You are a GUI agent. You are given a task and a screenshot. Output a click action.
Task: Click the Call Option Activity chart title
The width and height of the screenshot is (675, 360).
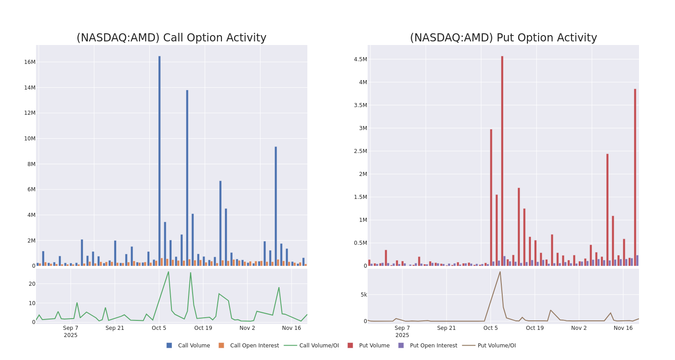tap(171, 38)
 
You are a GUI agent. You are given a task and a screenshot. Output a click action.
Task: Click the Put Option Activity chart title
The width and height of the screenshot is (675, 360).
tap(503, 38)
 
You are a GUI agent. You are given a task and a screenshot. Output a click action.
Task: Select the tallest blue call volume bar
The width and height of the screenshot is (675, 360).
tap(159, 161)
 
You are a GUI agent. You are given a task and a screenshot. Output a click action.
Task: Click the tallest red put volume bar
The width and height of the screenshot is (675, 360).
tap(502, 161)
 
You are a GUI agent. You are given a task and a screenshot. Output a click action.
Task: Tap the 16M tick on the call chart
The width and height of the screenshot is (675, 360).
tap(29, 62)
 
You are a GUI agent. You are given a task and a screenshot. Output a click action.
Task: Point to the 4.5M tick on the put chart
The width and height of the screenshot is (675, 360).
tap(360, 59)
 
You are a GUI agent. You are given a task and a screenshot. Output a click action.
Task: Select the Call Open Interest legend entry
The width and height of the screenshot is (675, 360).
tap(254, 346)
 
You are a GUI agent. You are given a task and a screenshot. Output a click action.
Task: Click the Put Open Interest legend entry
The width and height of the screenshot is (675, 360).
tap(433, 346)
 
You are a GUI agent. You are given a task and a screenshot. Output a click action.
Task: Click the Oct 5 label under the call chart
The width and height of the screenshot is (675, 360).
tap(159, 328)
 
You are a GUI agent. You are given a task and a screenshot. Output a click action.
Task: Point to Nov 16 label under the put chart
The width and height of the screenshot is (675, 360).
tap(623, 328)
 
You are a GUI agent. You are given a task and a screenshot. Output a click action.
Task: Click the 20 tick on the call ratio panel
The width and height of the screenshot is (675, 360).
tap(32, 283)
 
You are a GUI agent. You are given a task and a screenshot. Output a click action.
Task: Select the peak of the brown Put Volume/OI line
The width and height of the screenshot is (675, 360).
tap(499, 271)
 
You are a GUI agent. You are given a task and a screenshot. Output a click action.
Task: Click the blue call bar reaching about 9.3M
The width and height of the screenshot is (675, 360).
tap(276, 206)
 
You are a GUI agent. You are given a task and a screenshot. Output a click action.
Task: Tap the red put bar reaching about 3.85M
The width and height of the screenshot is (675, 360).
tap(635, 177)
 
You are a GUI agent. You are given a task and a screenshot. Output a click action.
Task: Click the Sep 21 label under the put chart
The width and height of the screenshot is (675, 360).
tap(446, 328)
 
